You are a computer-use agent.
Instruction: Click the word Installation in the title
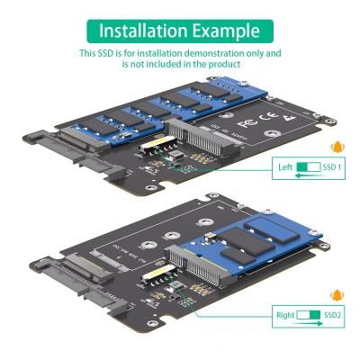[x=143, y=30]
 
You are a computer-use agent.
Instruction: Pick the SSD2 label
[x=332, y=315]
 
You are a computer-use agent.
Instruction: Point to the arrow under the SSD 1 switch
[x=306, y=178]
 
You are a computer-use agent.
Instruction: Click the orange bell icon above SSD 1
[x=337, y=148]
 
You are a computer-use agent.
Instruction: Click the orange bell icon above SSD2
[x=337, y=294]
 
